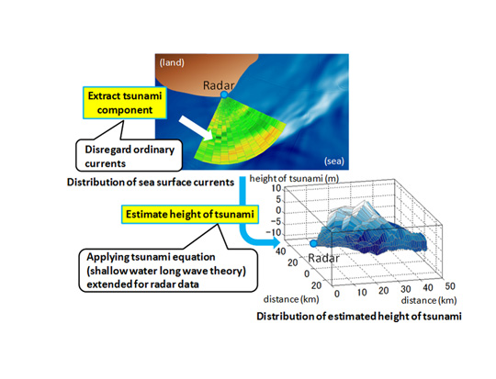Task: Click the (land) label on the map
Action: coord(172,62)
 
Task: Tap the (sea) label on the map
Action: coord(334,162)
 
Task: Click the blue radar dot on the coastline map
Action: coord(224,95)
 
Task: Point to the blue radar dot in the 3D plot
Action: coord(313,243)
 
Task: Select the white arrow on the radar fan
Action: coord(197,128)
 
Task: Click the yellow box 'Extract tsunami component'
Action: coord(125,103)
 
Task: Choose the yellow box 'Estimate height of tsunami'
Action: coord(190,215)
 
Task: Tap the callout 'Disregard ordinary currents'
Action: coord(130,155)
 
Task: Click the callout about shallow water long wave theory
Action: coord(168,271)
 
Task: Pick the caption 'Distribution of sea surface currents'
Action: coord(151,182)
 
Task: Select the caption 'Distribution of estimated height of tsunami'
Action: coord(359,316)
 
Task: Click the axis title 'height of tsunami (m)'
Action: coord(294,179)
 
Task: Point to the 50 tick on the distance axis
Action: coord(450,286)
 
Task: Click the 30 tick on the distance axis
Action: coord(406,289)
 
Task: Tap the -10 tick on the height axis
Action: coord(274,233)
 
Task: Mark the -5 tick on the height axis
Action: coord(276,222)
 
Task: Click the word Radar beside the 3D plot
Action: coord(323,258)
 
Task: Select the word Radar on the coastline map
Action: coord(219,85)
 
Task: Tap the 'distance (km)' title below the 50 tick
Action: coord(429,300)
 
